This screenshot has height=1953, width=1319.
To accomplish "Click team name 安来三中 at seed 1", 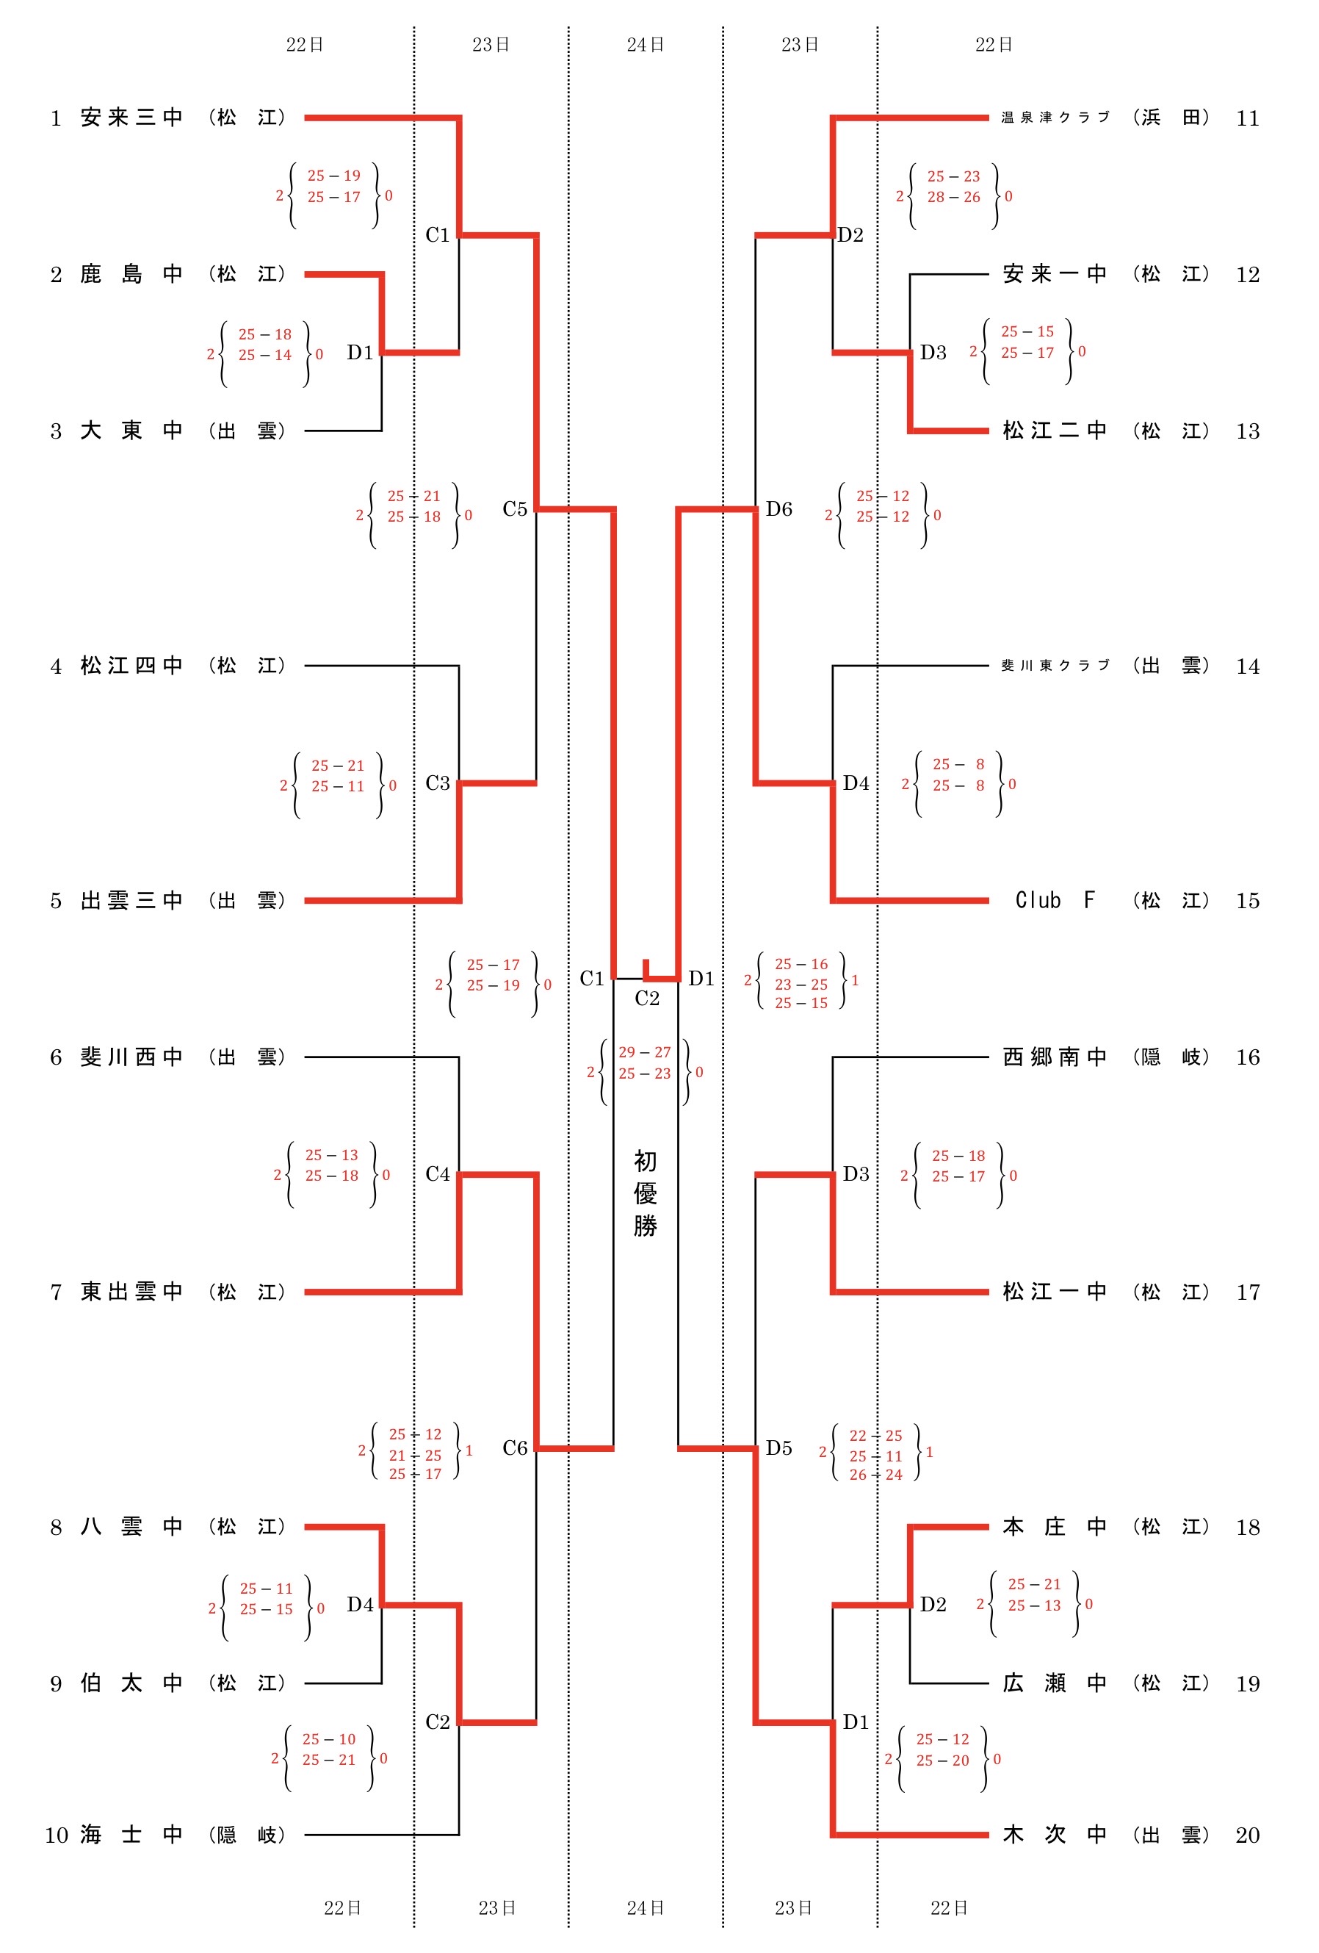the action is point(132,118).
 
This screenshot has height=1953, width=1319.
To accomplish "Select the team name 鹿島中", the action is point(132,274).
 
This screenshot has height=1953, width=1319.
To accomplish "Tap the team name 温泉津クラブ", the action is point(1055,118).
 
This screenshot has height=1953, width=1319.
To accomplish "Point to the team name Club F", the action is point(1055,900).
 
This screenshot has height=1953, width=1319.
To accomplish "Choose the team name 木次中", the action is point(1055,1834).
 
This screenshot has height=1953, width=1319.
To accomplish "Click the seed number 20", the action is point(1248,1835).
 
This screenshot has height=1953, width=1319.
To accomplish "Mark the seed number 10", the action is point(57,1835).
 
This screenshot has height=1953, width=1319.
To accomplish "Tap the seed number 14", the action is point(1248,666).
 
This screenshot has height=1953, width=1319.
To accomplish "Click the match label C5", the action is point(515,508).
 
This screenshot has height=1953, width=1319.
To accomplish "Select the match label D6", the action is point(778,508).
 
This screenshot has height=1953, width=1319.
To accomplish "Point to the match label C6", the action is point(515,1448).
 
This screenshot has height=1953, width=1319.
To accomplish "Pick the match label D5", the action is point(778,1448).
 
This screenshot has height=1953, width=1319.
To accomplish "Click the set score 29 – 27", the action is point(644,1052).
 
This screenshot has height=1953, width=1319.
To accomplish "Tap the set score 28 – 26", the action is point(953,197).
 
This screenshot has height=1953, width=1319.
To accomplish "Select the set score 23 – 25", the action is point(801,984).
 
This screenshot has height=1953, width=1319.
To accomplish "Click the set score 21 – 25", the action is point(415,1455).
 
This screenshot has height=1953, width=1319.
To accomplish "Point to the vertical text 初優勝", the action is point(646,1193).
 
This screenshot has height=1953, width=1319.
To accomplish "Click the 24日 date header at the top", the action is point(646,45).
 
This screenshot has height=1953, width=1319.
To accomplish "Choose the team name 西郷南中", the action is point(1055,1057).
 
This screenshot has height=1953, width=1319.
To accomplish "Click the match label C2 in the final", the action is point(647,999).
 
